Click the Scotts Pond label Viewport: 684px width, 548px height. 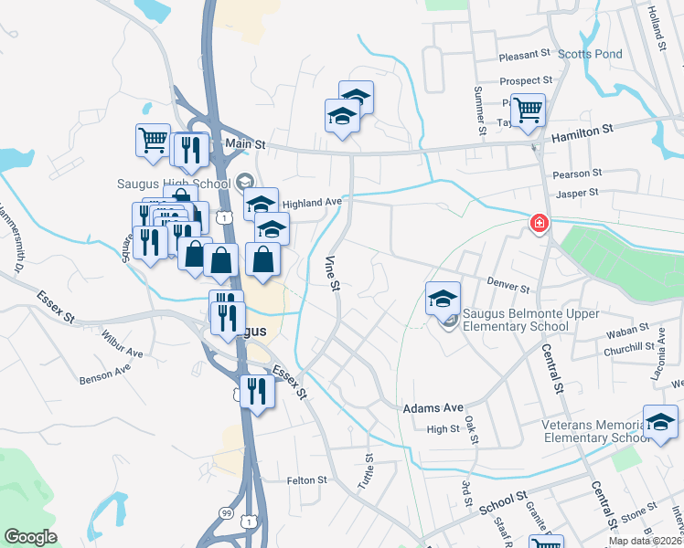pos(590,54)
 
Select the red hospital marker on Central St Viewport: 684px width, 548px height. pos(540,223)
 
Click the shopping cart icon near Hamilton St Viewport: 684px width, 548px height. pos(528,111)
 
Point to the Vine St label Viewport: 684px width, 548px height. pos(333,273)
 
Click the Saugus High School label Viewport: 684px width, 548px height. pos(172,184)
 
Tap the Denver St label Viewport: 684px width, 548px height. pos(508,287)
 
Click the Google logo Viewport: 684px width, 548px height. pos(30,537)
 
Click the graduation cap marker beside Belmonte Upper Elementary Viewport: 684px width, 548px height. pos(443,297)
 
